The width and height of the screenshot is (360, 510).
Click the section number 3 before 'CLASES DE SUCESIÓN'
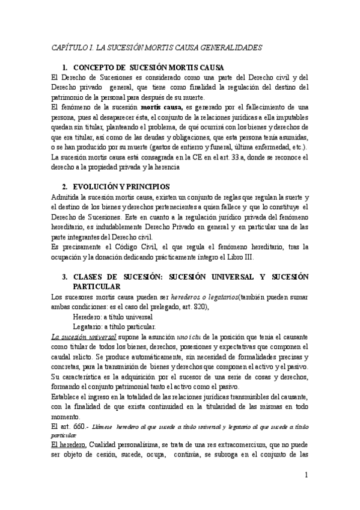pos(64,277)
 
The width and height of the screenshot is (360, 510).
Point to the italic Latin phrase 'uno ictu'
pos(212,337)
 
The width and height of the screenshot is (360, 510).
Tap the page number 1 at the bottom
pos(307,475)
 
